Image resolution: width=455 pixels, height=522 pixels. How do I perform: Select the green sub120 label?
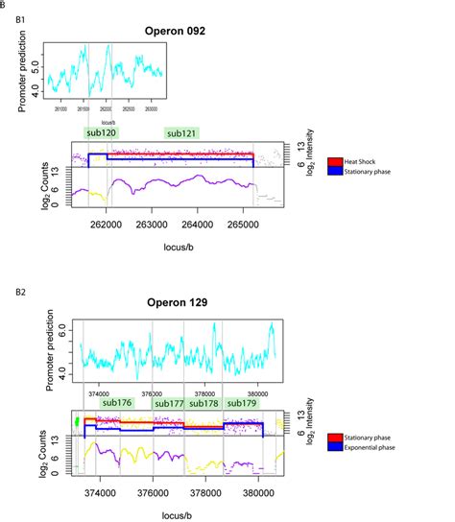coord(101,133)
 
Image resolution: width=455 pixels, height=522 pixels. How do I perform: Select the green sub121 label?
coord(182,133)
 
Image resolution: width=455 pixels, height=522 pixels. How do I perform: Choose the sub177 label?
coord(169,403)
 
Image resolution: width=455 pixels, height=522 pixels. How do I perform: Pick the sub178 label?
coord(204,403)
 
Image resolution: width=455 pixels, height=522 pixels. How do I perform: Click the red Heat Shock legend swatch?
coord(334,162)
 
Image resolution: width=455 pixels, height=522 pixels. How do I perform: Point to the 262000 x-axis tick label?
coord(105,226)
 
